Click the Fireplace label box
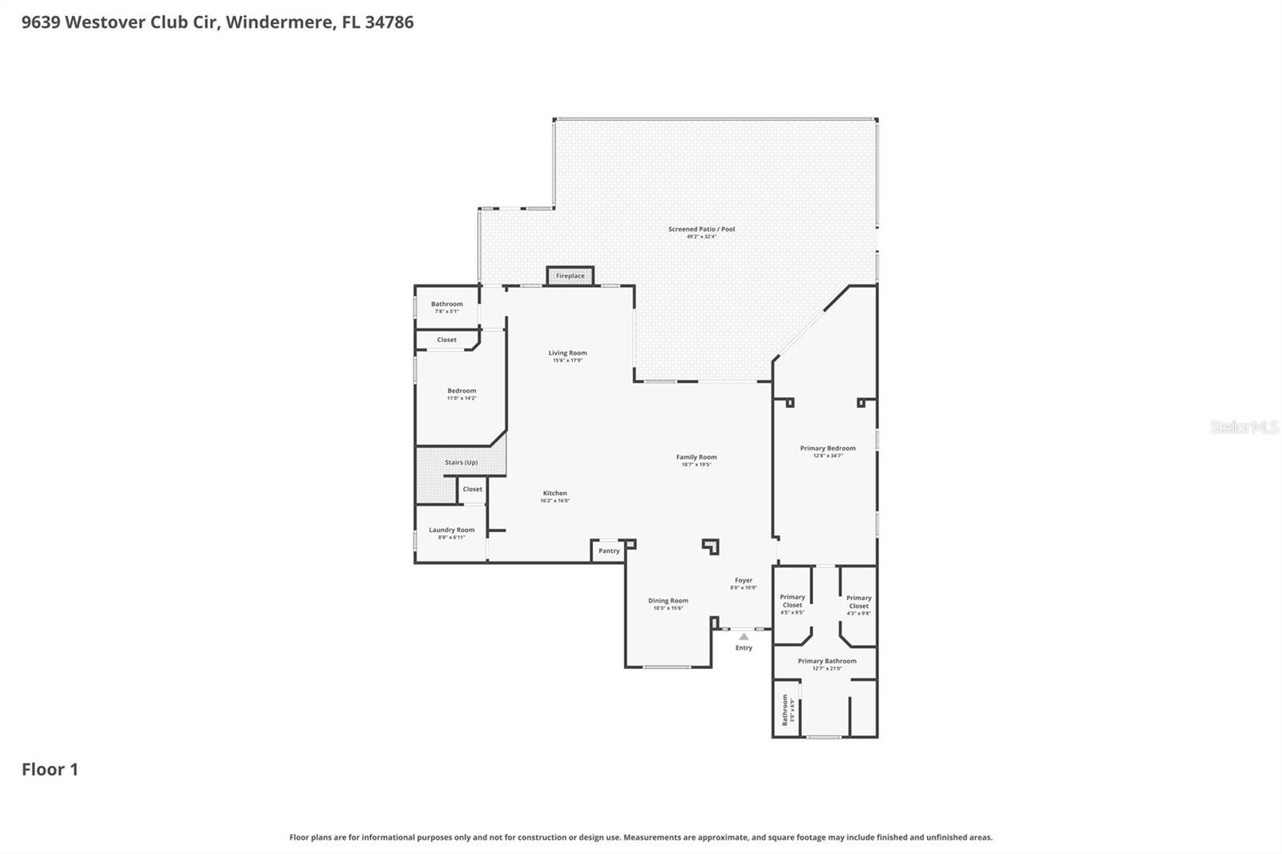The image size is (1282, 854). tap(570, 276)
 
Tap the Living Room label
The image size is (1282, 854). tap(567, 352)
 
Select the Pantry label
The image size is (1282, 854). tap(609, 550)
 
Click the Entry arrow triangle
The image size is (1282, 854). tap(744, 637)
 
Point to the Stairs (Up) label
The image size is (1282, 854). tap(461, 462)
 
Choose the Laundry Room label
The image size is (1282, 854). tap(451, 530)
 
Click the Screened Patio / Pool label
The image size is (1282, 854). tap(701, 229)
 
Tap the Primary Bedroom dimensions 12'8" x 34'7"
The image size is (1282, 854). tap(828, 456)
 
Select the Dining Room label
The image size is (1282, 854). tap(667, 600)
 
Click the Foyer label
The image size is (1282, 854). tap(744, 580)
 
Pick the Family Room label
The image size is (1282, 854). tap(696, 457)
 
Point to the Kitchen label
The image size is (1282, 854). tap(554, 493)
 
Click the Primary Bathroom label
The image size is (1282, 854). tap(827, 661)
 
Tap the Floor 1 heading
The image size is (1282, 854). tap(50, 769)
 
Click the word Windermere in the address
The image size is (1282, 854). tap(279, 22)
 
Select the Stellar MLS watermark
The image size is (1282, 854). tap(1244, 427)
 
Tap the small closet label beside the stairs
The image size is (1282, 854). tap(473, 489)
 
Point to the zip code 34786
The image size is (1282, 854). tap(389, 22)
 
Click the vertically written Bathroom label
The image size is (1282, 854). tap(785, 710)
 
